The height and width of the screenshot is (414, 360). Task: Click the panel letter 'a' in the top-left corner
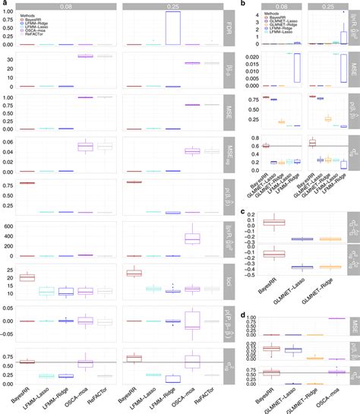(x=4, y=5)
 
